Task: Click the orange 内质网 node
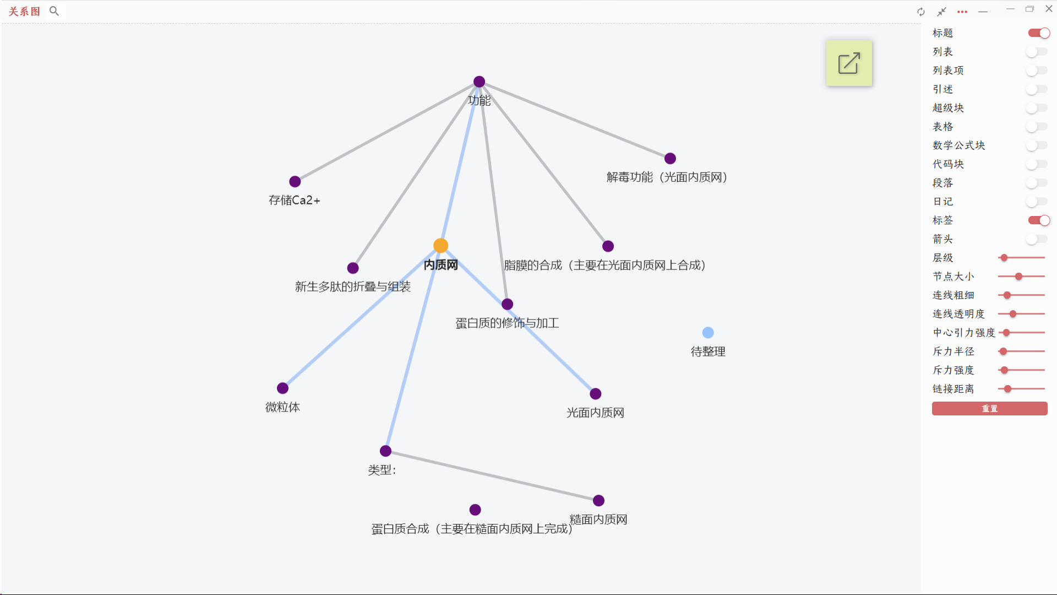(x=440, y=246)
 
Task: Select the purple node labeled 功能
(x=479, y=82)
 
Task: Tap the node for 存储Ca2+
(x=295, y=181)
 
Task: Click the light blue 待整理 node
(x=708, y=333)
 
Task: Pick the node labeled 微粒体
(x=283, y=388)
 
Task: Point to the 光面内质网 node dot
(x=596, y=394)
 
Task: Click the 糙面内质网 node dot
(x=599, y=501)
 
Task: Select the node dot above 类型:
(x=386, y=451)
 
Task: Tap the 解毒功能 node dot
(x=670, y=159)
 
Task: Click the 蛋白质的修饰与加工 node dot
(x=508, y=304)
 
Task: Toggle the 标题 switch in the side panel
(x=1038, y=33)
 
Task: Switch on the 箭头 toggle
(x=1037, y=239)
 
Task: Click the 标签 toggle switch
(x=1038, y=220)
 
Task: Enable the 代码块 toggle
(x=1037, y=164)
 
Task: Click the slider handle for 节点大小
(x=1019, y=277)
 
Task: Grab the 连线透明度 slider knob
(x=1013, y=314)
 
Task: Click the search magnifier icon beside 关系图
(x=54, y=11)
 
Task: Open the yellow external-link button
(x=849, y=63)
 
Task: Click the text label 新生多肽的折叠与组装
(x=353, y=286)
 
